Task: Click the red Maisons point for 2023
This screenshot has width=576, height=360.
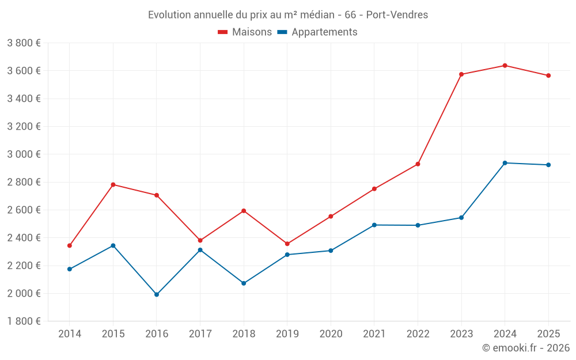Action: click(461, 74)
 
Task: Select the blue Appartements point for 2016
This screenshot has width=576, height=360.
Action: click(157, 294)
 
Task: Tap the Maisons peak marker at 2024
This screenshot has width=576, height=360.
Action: click(505, 66)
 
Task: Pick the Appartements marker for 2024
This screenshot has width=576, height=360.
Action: click(505, 163)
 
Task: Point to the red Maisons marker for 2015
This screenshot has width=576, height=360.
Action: click(113, 185)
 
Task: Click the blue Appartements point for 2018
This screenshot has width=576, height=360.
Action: click(244, 283)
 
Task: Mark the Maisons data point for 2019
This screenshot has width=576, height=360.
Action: click(287, 244)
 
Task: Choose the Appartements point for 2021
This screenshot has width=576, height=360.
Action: click(374, 225)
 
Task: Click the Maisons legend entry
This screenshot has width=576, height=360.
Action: click(245, 32)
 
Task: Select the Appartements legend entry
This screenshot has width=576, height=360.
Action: click(317, 32)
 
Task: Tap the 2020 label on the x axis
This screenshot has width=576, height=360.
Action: click(331, 334)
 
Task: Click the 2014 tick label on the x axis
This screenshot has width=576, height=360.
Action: click(70, 334)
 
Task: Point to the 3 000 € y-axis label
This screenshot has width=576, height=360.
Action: click(24, 154)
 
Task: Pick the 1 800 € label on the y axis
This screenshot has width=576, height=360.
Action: click(24, 321)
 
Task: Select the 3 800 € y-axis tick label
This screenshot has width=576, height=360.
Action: click(24, 43)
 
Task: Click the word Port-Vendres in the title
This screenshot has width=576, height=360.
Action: click(397, 15)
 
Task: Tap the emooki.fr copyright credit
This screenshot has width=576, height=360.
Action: click(526, 348)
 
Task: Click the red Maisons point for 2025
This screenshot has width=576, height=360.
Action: click(548, 75)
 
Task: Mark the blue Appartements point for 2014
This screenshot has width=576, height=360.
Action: click(70, 269)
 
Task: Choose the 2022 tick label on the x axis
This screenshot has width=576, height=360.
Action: click(418, 334)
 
